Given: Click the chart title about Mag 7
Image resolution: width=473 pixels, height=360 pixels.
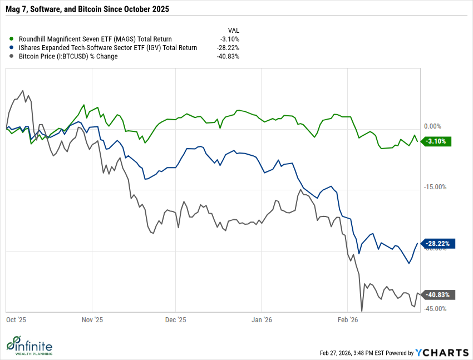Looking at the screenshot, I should click(x=87, y=9).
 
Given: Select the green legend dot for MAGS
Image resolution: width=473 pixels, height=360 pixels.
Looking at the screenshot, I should click(x=12, y=39).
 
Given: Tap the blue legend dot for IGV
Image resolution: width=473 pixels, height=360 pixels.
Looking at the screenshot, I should click(x=12, y=47).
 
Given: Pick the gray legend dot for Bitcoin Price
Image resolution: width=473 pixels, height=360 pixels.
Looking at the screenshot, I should click(x=12, y=56).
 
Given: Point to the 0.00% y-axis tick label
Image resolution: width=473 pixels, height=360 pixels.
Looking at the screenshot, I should click(x=432, y=126).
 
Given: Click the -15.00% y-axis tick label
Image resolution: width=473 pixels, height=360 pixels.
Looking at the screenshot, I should click(x=435, y=187).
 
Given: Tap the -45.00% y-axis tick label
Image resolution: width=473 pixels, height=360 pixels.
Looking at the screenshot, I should click(x=435, y=309).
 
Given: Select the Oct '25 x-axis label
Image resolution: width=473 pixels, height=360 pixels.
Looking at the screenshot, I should click(x=16, y=320).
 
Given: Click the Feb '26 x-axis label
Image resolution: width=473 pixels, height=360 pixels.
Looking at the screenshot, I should click(x=347, y=320).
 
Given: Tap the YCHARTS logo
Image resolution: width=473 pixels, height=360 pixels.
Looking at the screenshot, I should click(x=442, y=352).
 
